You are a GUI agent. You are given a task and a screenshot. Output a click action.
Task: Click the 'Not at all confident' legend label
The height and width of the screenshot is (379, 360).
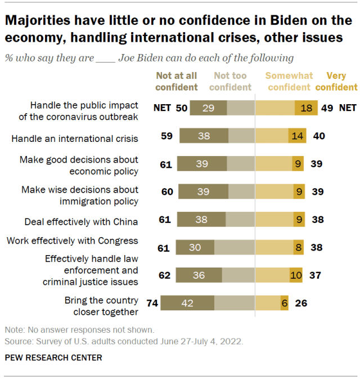coord(177,82)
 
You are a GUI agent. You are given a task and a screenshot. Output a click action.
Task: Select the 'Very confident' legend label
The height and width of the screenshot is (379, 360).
coord(336,82)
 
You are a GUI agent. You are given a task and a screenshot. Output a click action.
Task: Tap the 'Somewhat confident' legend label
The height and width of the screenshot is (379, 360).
coord(288,82)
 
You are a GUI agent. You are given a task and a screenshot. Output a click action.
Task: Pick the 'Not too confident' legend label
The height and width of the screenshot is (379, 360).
coord(231,82)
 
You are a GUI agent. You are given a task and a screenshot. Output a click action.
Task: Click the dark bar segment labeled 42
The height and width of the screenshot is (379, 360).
coord(187,303)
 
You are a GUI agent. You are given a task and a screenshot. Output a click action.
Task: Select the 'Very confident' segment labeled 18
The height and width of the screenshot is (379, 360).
coord(306,108)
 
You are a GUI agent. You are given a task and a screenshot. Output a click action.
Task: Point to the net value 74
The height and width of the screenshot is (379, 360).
coord(152,303)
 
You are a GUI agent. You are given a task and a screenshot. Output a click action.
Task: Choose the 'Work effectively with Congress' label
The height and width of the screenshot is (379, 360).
coord(72,241)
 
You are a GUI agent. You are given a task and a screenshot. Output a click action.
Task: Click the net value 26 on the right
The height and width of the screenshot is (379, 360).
coord(301,303)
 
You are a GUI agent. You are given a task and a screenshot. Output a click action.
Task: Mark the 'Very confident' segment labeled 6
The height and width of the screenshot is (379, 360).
coord(285,303)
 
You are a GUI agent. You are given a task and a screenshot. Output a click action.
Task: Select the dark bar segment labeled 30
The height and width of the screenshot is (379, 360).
coord(195,247)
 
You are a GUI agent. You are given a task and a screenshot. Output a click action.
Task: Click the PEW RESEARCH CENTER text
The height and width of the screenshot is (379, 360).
coord(53,358)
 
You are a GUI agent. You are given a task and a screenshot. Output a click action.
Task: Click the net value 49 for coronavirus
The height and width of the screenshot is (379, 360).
coord(326,108)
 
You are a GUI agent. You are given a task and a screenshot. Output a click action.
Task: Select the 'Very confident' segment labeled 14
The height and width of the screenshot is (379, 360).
coord(296,136)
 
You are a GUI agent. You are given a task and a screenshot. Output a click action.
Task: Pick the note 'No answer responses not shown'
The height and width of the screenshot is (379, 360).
coord(79,330)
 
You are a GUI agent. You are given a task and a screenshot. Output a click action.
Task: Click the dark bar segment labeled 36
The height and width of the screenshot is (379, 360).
coord(198,275)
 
